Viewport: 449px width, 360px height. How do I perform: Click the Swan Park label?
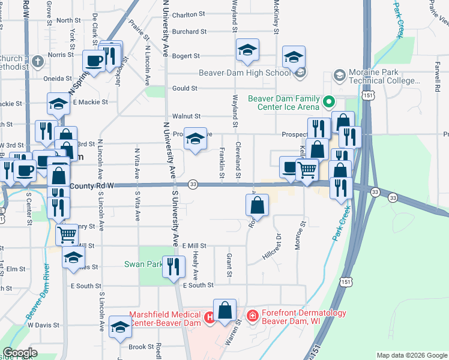143,264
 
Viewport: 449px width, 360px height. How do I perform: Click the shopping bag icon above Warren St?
225,311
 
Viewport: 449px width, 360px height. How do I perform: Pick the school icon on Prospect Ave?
194,139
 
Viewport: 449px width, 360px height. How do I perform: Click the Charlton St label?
188,15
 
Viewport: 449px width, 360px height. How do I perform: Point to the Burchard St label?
188,32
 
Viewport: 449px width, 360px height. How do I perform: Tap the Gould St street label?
185,88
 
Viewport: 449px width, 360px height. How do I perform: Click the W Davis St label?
43,325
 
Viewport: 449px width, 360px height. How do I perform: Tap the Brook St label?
142,347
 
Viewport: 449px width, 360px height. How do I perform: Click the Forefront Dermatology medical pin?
253,315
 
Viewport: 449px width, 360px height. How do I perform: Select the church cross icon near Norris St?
37,61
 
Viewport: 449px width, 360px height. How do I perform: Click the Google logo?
20,353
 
